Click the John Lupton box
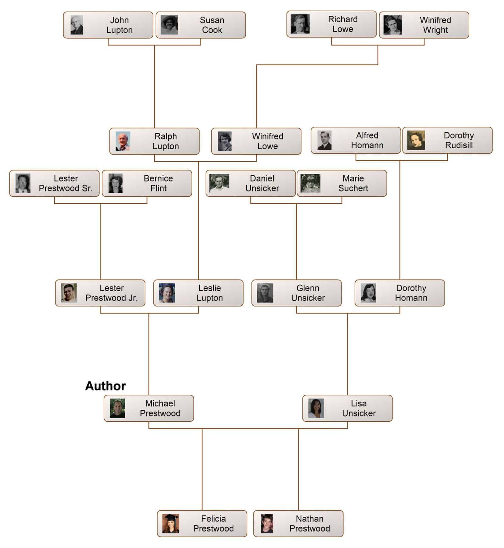click(x=108, y=25)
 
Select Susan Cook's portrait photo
click(x=169, y=25)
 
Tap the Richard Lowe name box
click(x=331, y=24)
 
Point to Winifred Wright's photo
click(x=392, y=25)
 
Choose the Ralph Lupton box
click(x=154, y=141)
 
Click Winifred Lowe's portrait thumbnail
click(x=225, y=141)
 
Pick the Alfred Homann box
click(x=356, y=140)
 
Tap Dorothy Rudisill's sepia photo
click(x=416, y=140)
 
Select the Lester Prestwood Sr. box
click(x=54, y=183)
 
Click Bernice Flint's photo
click(x=115, y=183)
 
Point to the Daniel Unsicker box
click(x=251, y=183)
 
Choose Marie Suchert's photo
click(x=310, y=183)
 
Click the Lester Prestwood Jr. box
click(x=100, y=293)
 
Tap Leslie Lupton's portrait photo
click(x=167, y=293)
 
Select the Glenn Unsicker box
click(x=296, y=293)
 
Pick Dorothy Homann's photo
click(x=368, y=293)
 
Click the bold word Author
click(x=105, y=386)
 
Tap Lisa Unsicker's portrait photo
click(x=316, y=408)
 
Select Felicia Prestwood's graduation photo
click(x=171, y=524)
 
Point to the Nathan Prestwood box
click(x=298, y=524)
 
